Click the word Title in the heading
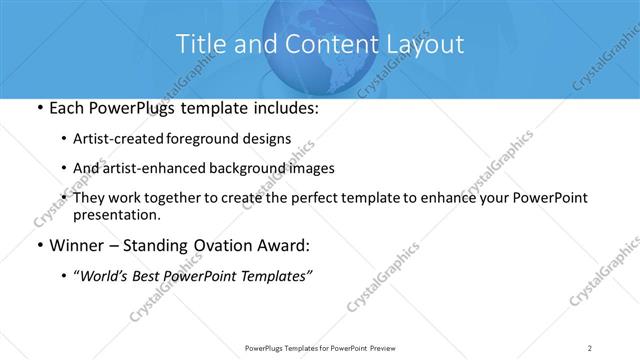pos(201,44)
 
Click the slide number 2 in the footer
pos(590,348)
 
